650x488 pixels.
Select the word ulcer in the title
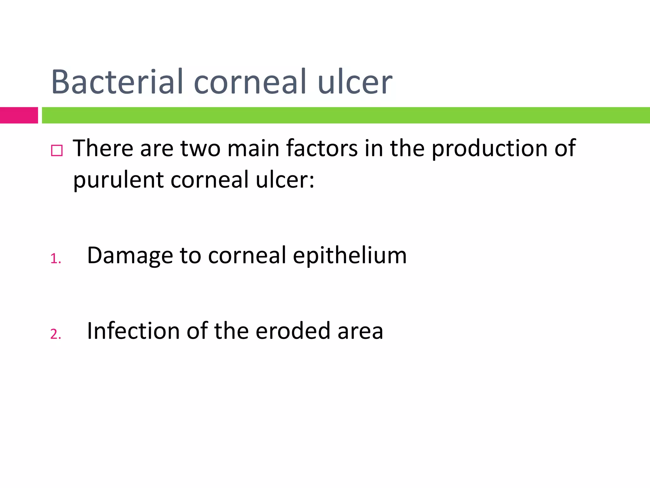click(355, 82)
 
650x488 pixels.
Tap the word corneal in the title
click(250, 82)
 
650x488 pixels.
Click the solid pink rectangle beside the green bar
click(19, 115)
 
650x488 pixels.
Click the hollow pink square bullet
click(57, 150)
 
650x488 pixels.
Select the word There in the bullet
click(103, 148)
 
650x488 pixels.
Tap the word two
click(200, 148)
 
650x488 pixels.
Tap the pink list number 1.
click(55, 259)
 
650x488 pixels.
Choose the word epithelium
click(349, 255)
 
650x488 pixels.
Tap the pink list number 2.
click(55, 334)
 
